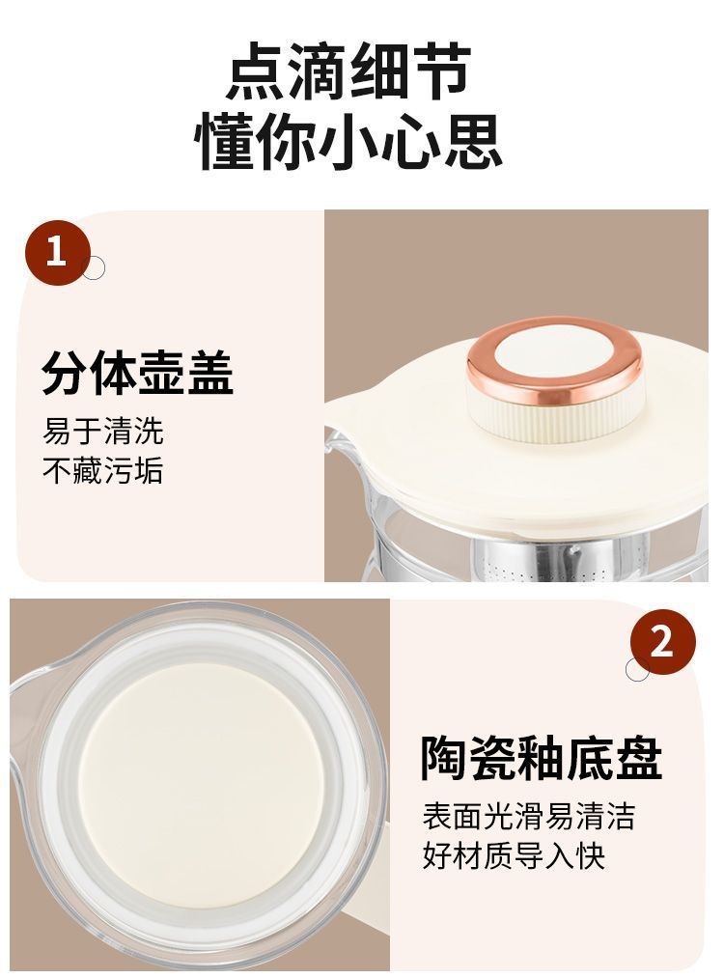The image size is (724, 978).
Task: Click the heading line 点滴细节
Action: point(348,70)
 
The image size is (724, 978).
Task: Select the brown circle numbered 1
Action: point(57,253)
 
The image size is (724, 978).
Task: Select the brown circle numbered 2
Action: point(662,642)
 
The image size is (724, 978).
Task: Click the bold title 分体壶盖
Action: point(137,373)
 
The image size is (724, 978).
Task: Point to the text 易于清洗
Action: point(103,431)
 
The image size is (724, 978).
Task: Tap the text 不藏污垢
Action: point(103,470)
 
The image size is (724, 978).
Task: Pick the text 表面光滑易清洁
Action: point(529,816)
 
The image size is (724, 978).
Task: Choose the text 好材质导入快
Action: point(514,855)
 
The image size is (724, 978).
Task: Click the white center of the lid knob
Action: point(554,353)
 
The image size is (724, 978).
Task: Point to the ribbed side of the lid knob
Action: point(554,421)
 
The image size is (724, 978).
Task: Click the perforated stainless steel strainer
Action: point(547,561)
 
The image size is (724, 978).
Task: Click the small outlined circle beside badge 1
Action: point(94,268)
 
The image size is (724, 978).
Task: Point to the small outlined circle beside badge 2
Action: point(637,669)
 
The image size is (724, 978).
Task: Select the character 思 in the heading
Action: point(473,141)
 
